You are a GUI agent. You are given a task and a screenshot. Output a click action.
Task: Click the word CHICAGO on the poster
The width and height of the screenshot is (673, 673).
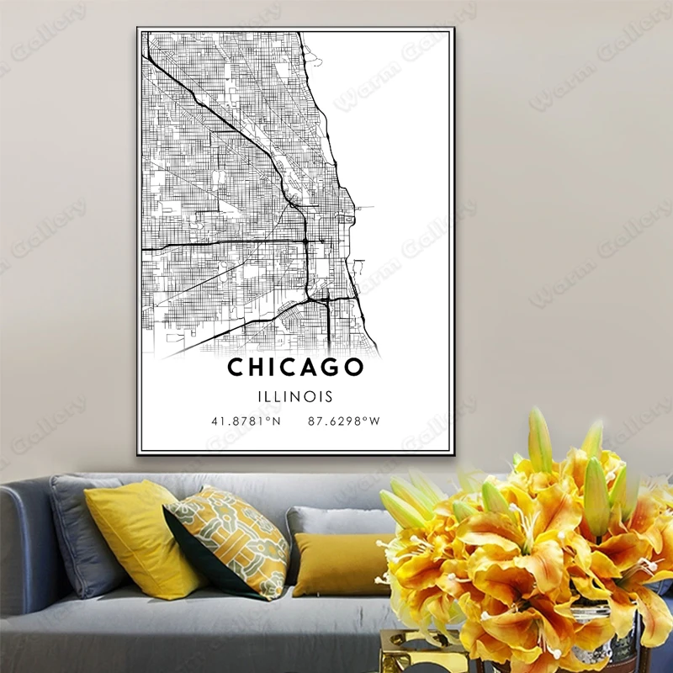pos(295,368)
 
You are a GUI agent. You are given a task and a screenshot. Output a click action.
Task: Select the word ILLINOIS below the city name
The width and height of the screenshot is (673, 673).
pos(295,396)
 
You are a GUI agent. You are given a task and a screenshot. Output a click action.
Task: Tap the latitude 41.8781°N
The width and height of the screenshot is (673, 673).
pos(246,421)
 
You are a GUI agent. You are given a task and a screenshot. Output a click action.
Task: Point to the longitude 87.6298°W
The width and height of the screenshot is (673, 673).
pos(344,421)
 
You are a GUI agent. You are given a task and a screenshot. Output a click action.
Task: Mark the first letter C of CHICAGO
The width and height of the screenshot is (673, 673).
pos(236,368)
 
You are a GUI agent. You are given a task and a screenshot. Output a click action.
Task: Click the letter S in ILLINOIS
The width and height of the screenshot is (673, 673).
pos(329,396)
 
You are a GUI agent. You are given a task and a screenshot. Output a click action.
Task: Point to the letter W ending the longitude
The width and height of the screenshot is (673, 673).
pos(375,421)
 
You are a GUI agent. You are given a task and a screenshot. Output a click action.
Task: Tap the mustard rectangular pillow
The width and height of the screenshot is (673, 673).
pos(341,564)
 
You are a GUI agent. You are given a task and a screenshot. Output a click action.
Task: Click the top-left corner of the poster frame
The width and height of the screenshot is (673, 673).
pos(138,29)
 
